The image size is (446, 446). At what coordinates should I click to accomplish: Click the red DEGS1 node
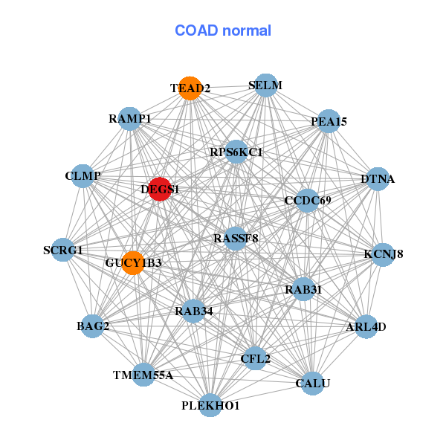[160, 189]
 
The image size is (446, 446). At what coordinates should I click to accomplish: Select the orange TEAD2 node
[190, 88]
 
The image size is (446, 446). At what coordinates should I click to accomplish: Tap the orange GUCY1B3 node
[133, 262]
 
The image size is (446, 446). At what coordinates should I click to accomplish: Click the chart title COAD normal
[223, 31]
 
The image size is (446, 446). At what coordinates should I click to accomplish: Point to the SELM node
[265, 85]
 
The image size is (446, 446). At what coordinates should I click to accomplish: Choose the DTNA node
[378, 179]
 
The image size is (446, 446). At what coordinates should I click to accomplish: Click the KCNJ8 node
[384, 254]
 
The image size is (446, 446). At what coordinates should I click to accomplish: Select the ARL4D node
[366, 326]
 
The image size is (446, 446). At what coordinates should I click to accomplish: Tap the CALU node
[312, 383]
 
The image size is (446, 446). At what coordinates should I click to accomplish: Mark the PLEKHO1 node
[210, 405]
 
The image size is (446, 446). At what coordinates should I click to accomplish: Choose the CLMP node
[83, 176]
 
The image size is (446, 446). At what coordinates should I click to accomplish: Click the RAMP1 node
[130, 119]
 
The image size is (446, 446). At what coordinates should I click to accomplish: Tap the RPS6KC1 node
[236, 152]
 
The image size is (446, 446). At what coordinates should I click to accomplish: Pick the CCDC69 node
[307, 200]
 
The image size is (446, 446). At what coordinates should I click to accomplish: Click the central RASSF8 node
[235, 239]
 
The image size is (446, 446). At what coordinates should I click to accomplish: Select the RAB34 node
[194, 311]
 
